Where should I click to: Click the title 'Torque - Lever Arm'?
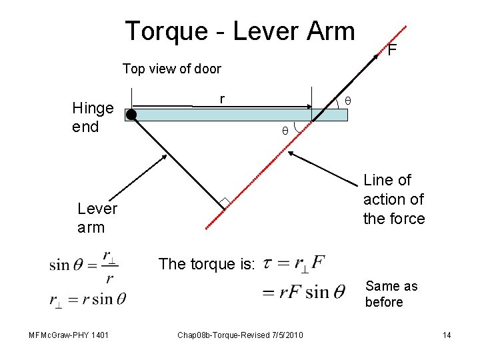coord(240,31)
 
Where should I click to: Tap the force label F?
coord(393,50)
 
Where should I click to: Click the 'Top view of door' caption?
coord(171,69)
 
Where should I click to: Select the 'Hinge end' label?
coord(93,117)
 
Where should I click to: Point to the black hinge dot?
coord(131,115)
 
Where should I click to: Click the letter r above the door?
coord(223,98)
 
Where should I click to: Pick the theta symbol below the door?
coord(284,131)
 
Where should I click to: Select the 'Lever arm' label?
coord(97,218)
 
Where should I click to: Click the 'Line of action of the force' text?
coord(393,199)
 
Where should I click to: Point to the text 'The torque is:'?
coord(207,264)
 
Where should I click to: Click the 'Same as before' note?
coord(391,294)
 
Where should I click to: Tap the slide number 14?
coord(447,334)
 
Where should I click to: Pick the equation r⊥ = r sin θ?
coord(87,299)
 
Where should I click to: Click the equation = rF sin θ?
coord(303,291)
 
